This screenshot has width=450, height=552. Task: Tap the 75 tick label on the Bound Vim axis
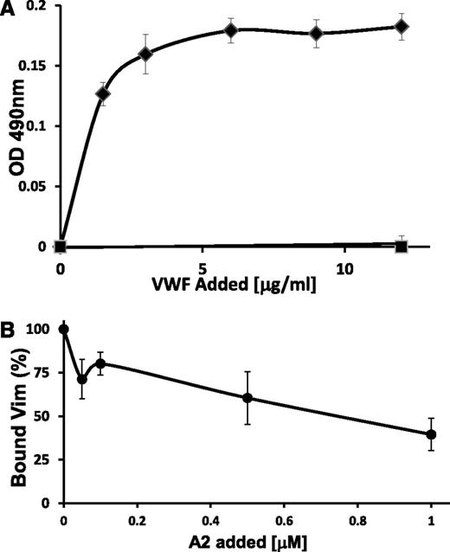[x=38, y=373]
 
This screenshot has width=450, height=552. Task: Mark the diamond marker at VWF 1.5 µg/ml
[x=102, y=93]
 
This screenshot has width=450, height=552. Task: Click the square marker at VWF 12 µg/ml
[x=401, y=247]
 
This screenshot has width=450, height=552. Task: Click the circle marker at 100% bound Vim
[x=63, y=329]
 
